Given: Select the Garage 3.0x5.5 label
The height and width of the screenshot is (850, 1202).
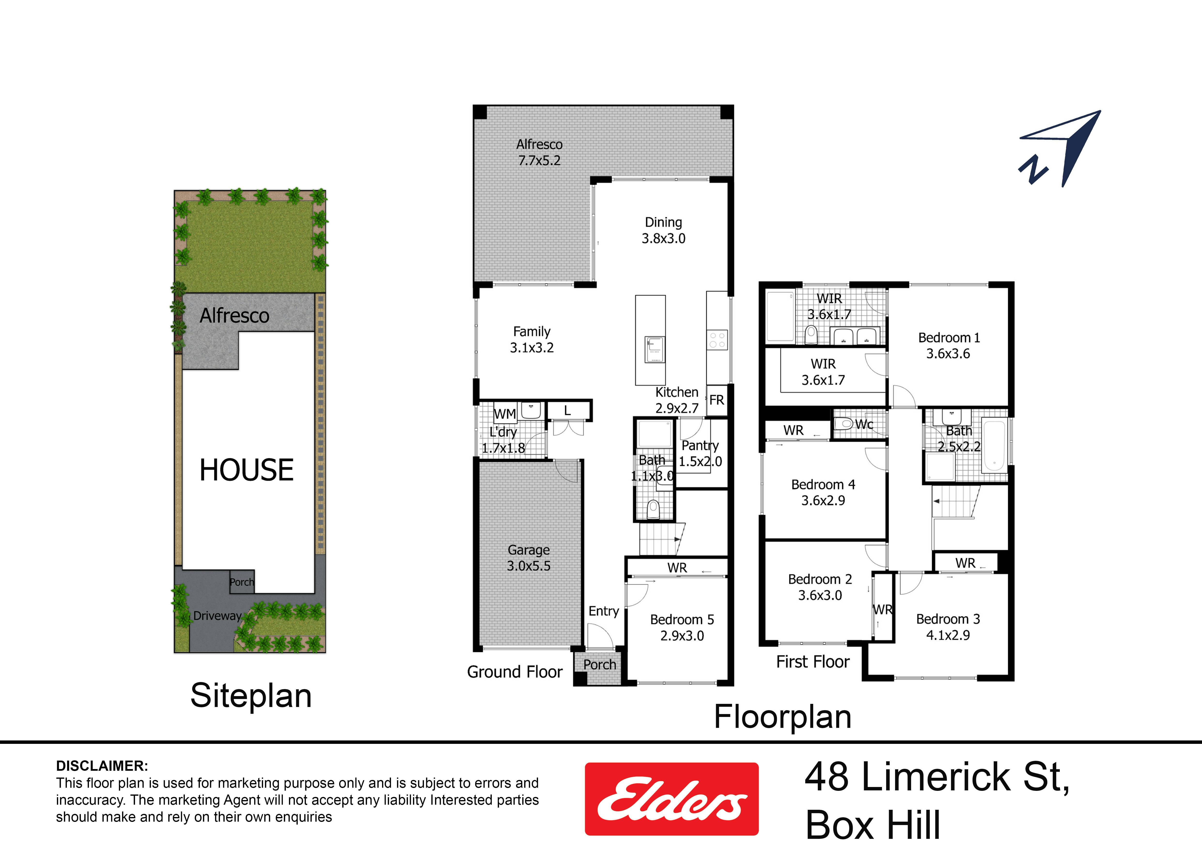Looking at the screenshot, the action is point(529,558).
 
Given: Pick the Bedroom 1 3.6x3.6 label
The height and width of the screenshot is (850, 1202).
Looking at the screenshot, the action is point(949,346).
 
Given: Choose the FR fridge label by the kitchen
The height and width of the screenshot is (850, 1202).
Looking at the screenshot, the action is point(717,400).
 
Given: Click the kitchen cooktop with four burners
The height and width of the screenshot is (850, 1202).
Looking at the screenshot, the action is point(717,340).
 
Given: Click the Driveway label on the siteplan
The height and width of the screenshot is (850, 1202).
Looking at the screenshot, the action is point(217,616).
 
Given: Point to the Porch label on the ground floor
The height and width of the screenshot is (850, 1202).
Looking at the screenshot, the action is point(600,665).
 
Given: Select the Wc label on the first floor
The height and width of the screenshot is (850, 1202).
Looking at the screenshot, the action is point(864,424).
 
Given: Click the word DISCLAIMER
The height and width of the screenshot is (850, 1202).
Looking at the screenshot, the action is point(102,766).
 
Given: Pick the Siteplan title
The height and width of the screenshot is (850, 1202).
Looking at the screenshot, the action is point(251,696).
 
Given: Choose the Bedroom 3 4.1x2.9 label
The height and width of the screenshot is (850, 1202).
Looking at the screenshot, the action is point(948,627).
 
